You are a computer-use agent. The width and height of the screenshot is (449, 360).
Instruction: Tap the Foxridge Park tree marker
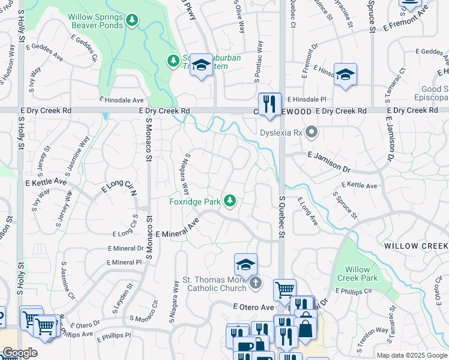[229, 201]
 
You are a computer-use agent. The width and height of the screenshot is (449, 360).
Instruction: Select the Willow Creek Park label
[358, 274]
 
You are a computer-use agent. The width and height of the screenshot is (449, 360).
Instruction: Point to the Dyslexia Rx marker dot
[311, 131]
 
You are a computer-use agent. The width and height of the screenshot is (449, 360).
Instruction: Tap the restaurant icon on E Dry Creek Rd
[270, 103]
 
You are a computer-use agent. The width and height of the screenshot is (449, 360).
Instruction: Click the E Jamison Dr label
[328, 162]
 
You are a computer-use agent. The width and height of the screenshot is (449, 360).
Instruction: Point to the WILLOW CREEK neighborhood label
[416, 247]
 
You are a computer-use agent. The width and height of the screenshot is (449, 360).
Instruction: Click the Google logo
[19, 353]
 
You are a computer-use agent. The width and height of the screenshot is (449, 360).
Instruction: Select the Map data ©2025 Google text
[412, 355]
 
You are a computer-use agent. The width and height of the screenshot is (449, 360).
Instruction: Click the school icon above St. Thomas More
[246, 264]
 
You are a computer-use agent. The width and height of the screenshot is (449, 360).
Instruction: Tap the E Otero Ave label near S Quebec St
[253, 307]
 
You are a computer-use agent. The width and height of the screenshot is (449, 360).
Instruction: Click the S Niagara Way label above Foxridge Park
[187, 173]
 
